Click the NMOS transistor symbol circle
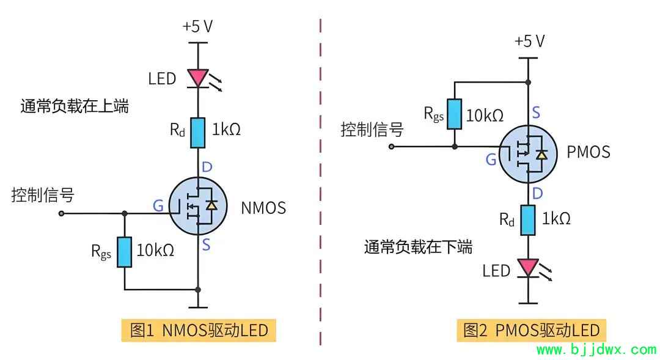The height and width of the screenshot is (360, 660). click(x=198, y=206)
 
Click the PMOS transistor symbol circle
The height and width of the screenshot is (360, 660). click(x=528, y=154)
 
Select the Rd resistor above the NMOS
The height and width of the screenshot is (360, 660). click(x=198, y=133)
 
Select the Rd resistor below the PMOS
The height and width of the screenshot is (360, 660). click(x=528, y=220)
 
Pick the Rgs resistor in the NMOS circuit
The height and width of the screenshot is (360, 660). click(x=124, y=252)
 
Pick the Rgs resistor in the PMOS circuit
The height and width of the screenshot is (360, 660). click(x=455, y=114)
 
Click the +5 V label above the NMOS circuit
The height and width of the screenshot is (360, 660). click(x=197, y=26)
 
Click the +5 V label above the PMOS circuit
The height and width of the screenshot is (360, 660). click(x=529, y=42)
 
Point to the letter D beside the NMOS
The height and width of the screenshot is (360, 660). click(x=207, y=167)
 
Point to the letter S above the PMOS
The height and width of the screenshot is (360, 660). click(x=536, y=113)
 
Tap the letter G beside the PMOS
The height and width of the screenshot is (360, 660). click(x=491, y=160)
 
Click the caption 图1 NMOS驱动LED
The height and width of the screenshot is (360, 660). click(x=199, y=330)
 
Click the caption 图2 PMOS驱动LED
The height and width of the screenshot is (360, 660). click(x=532, y=330)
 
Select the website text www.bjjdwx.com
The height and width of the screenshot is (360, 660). click(x=596, y=350)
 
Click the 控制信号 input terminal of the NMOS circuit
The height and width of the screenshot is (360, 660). click(x=62, y=213)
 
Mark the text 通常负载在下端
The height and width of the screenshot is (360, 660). click(x=418, y=247)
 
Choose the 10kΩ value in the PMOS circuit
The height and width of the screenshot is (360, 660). click(x=485, y=116)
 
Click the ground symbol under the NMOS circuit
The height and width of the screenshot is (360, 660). click(x=198, y=307)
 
